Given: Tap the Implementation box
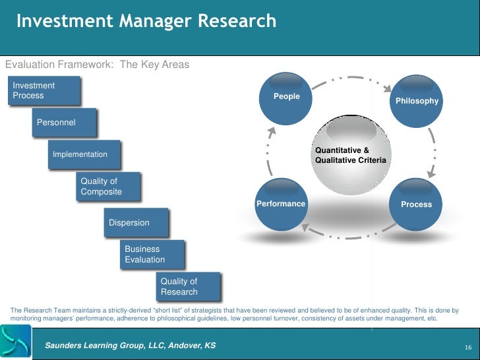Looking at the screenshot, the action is [84, 154].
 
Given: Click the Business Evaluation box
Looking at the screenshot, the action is [153, 255].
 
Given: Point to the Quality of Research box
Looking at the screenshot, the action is [188, 287].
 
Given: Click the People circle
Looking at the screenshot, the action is [287, 97].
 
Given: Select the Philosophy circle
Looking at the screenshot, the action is [416, 101].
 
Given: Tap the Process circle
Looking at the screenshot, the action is [416, 204].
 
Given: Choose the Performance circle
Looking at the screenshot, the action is [281, 204].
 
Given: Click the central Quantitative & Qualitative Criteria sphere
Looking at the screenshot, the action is [351, 156].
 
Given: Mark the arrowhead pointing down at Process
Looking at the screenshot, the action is [431, 174].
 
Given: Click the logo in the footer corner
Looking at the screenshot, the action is [15, 342].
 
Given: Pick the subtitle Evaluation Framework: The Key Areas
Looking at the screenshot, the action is [97, 65].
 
